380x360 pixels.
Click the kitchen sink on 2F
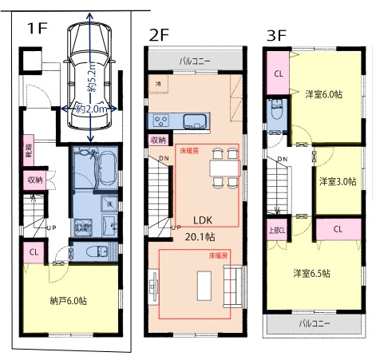coord(195,121)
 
